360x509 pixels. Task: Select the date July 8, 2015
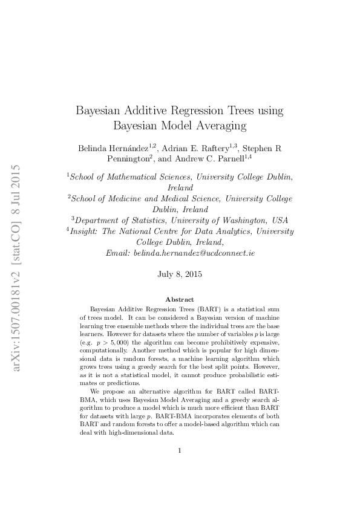coord(180,274)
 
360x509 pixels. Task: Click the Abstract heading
coord(180,299)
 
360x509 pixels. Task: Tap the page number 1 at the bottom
coord(180,450)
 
